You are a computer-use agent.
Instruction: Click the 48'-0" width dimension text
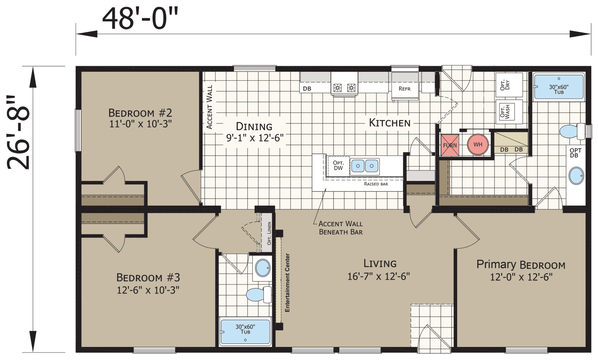coord(140,19)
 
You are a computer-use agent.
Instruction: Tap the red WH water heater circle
coord(478,145)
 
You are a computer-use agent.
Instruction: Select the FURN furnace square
coord(450,145)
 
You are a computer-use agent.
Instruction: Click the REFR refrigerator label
coord(404,89)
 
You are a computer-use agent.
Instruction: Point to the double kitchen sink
coord(365,166)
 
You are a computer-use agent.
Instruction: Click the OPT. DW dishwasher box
coord(338,166)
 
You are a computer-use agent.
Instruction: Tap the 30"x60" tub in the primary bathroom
coord(559,87)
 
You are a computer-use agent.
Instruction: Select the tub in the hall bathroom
coord(245,331)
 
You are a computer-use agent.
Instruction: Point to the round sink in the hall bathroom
coord(263,268)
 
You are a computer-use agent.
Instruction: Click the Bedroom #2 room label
coord(140,113)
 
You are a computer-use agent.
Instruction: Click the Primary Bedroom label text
coord(521,265)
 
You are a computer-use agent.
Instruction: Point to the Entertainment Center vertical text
coord(287,283)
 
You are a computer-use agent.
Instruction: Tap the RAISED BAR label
coord(376,184)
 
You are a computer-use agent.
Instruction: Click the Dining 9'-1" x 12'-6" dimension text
coord(255,138)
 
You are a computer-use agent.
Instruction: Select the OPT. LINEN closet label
coord(269,233)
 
